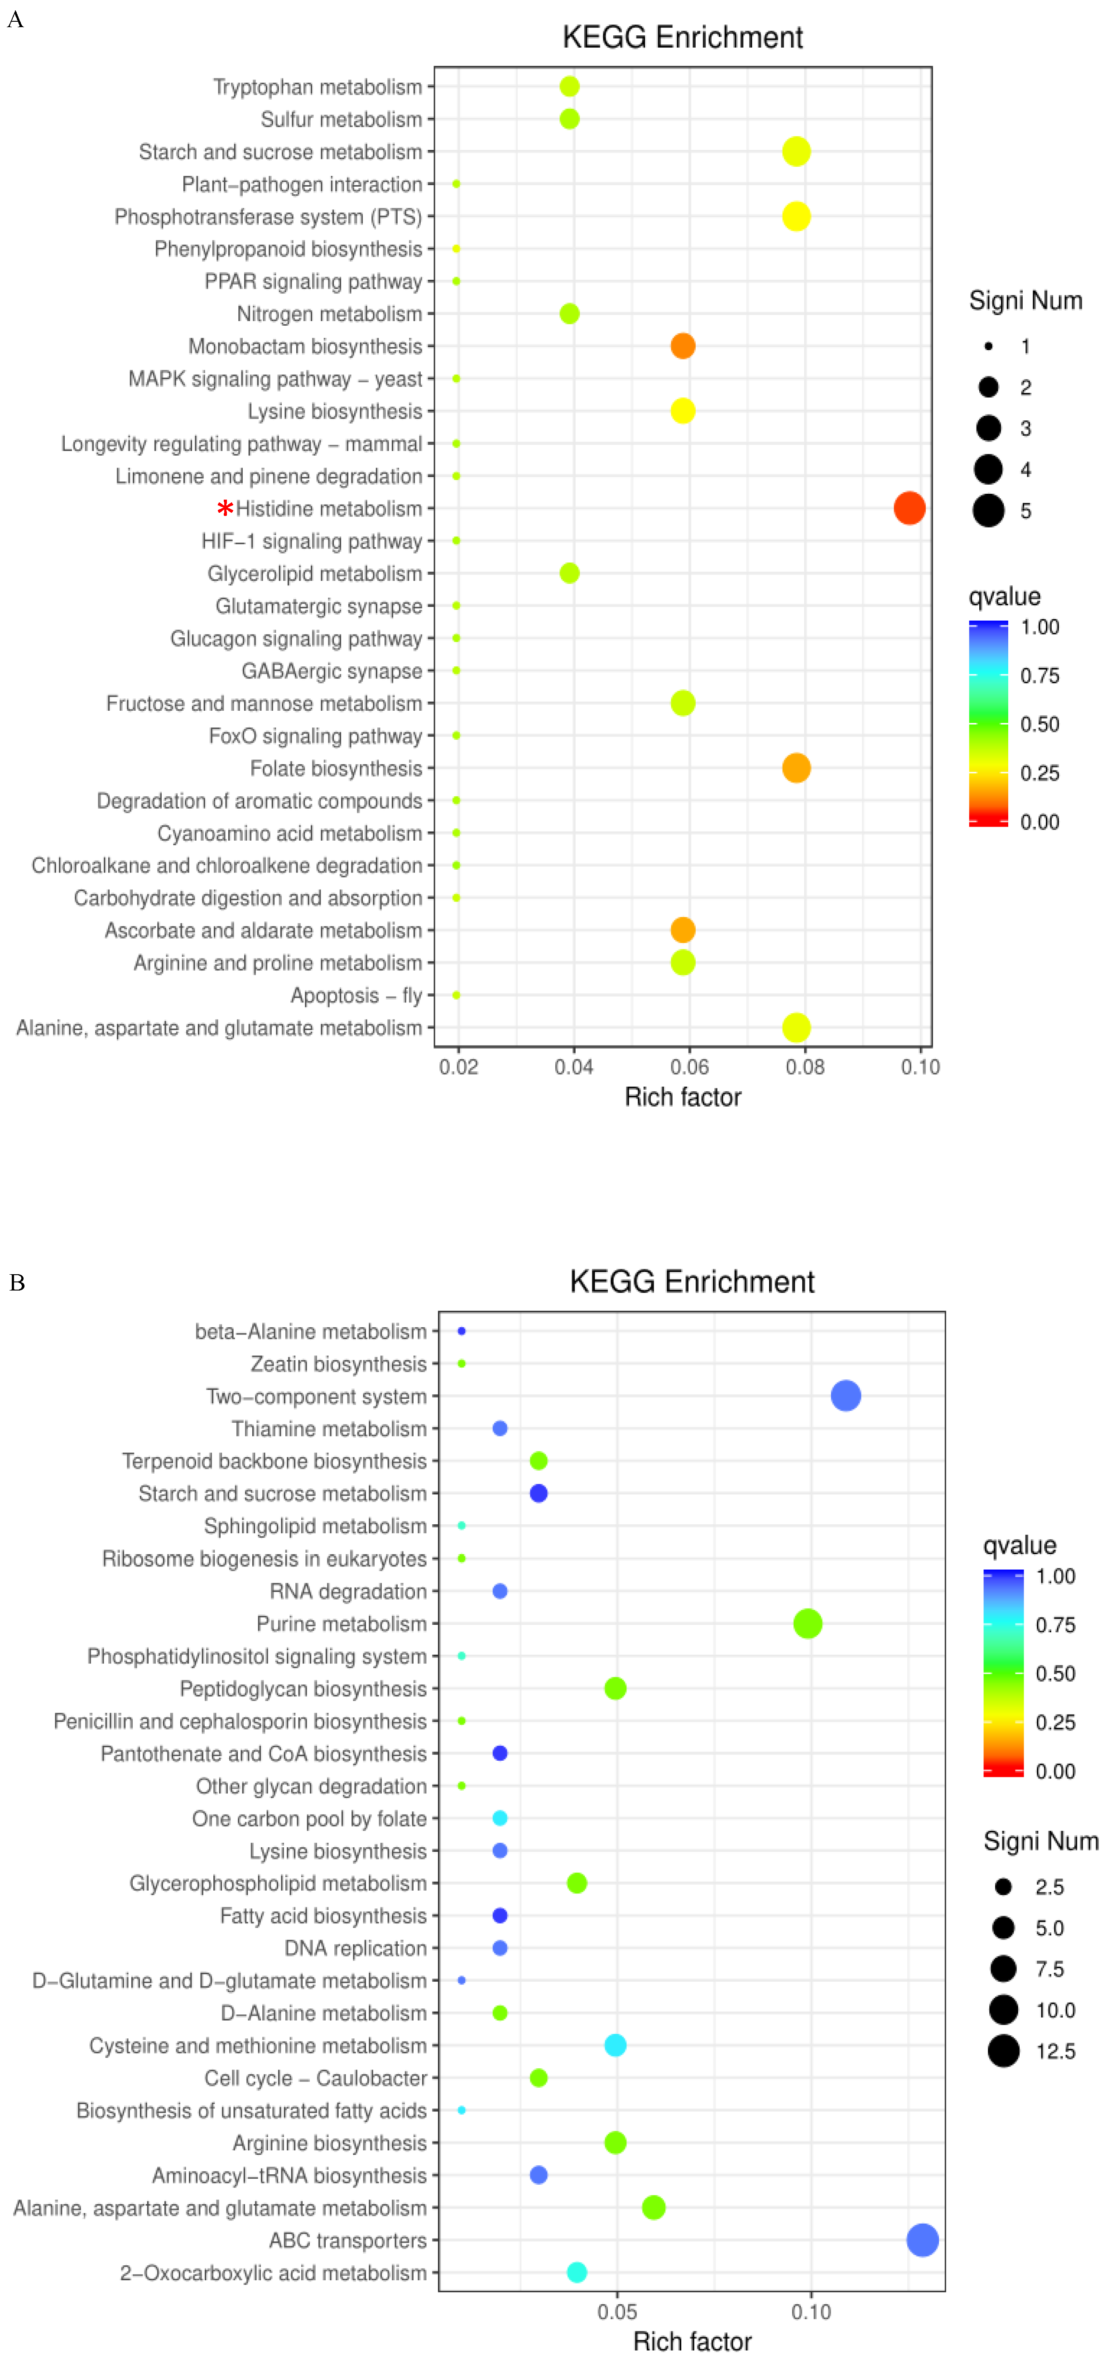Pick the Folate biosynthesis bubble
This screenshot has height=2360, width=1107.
tap(795, 768)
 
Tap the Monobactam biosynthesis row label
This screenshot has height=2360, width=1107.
tap(305, 347)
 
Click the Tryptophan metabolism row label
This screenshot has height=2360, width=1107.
tap(317, 87)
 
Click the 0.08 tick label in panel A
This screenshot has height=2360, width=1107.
tap(804, 1066)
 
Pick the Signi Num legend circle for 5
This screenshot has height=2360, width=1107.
tap(988, 511)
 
